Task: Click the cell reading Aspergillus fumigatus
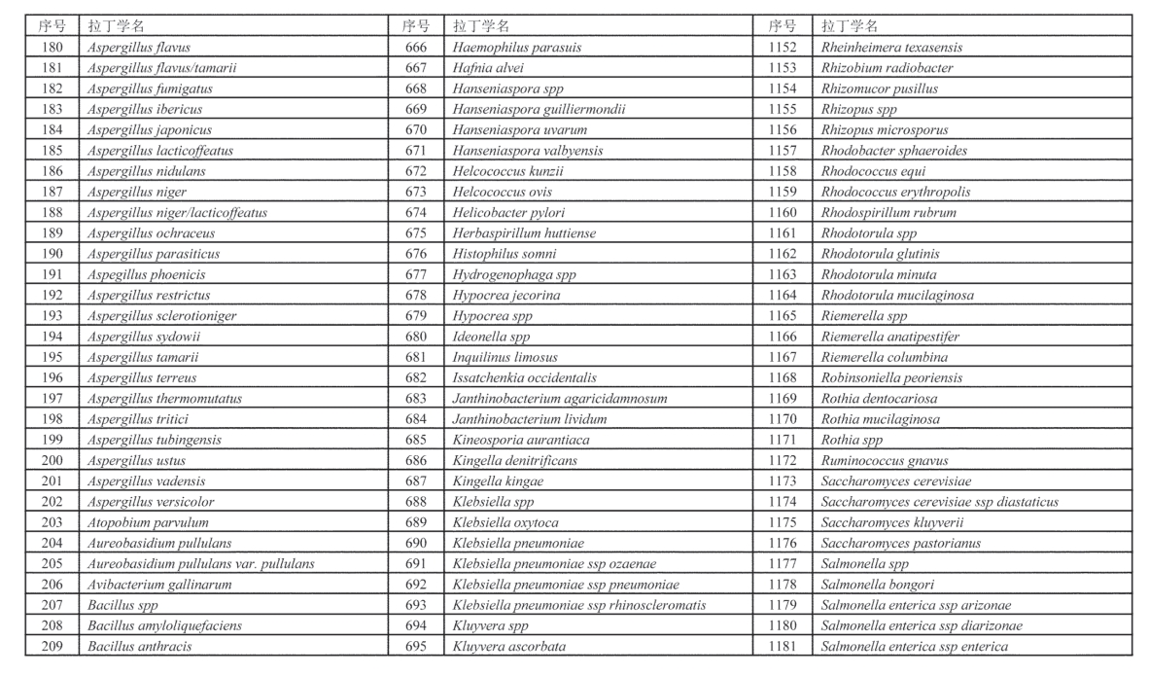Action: coord(150,89)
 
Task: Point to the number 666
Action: coord(416,47)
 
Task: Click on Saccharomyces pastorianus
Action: coord(900,543)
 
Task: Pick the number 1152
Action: coord(782,47)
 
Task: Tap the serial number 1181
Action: coord(782,646)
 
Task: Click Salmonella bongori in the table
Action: coord(878,585)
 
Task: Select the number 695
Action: coord(416,646)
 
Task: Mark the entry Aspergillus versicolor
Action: coord(151,502)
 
